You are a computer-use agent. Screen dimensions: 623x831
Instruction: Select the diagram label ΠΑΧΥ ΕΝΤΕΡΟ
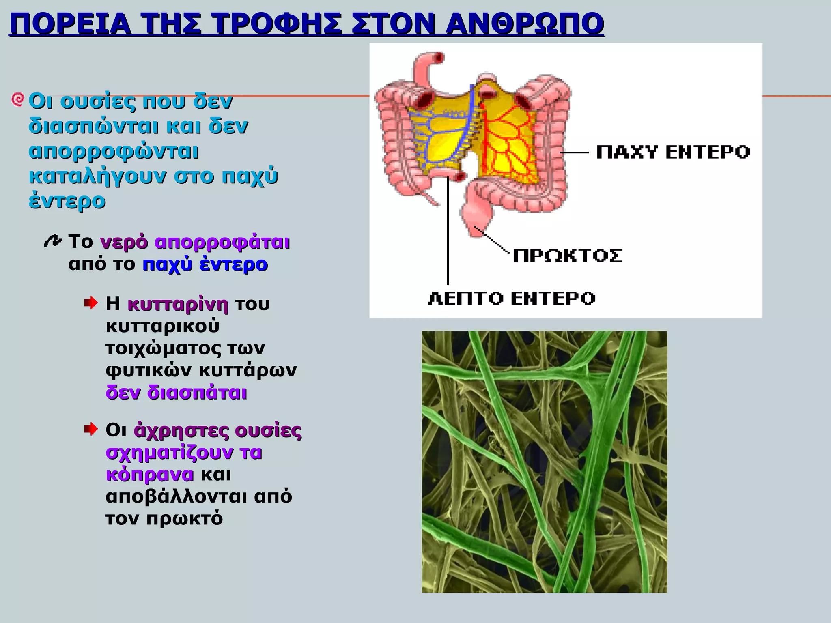coord(673,153)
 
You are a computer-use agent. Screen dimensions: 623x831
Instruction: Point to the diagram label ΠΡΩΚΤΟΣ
coord(567,256)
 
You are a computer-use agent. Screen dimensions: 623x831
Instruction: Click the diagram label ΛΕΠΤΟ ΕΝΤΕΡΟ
coord(511,299)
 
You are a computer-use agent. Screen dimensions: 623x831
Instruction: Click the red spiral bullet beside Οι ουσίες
coord(17,99)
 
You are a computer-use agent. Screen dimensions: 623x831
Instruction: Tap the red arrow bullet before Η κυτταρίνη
coord(91,303)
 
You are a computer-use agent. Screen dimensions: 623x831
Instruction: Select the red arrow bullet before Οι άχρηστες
coord(91,429)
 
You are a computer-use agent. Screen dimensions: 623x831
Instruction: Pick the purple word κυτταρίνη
coord(178,304)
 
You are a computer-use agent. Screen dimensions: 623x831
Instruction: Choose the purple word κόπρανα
coord(150,475)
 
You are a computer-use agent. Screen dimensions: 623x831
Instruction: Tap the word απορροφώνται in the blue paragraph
coord(114,152)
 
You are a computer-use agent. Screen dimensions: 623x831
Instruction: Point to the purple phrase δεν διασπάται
coord(176,393)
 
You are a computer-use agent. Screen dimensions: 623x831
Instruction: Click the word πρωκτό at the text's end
coord(184,518)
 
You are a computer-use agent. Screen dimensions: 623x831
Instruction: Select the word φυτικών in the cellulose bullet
coord(149,370)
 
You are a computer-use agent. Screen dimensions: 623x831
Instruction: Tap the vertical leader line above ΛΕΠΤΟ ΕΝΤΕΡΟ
coord(448,231)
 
